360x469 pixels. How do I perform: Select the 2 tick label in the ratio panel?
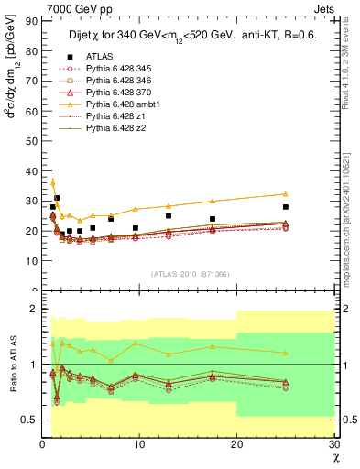click(35, 309)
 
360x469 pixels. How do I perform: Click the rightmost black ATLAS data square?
click(286, 207)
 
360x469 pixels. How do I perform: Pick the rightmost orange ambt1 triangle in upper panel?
click(286, 193)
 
